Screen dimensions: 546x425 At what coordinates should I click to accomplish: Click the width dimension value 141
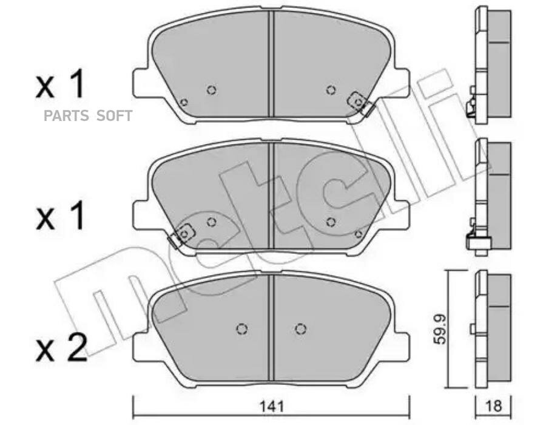coord(272,406)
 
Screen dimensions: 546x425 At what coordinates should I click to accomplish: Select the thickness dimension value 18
coord(493,406)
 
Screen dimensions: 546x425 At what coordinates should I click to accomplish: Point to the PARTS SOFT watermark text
coord(88,116)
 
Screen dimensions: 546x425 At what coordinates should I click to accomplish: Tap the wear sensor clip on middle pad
coord(181,235)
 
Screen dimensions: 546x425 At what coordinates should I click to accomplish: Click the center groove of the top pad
coord(272,64)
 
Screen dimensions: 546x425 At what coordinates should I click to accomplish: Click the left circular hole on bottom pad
coord(241,328)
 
